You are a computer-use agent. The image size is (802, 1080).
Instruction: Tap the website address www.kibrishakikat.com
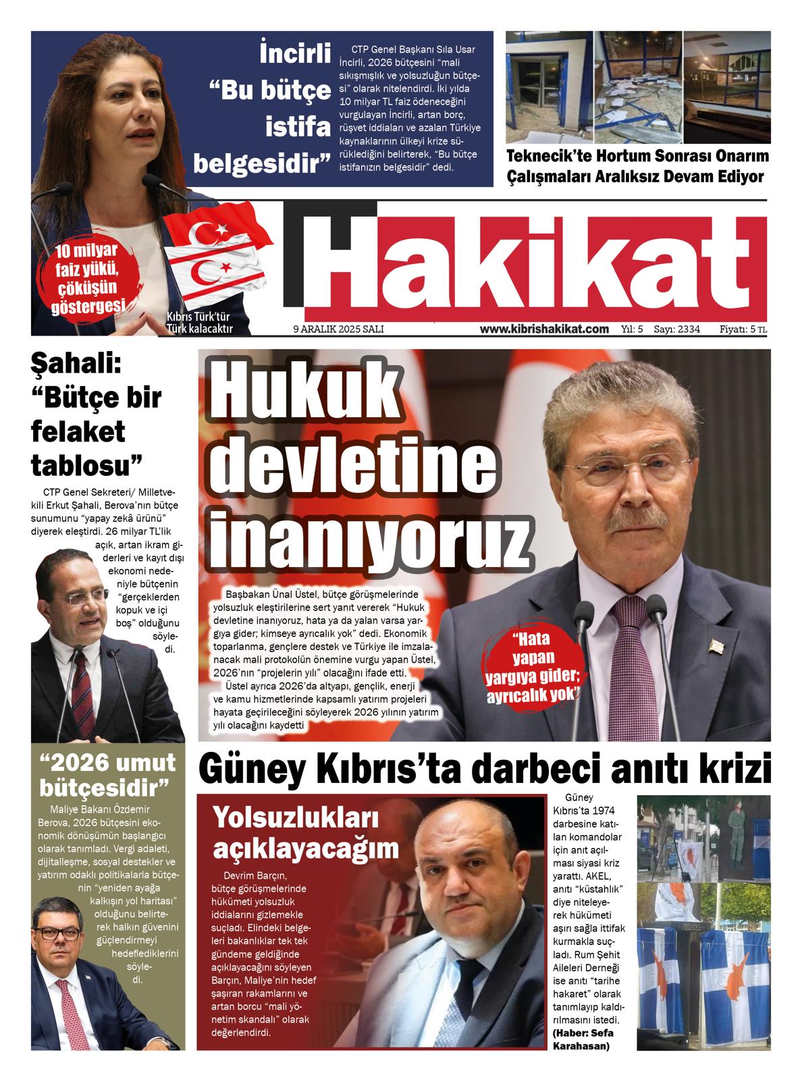click(x=544, y=329)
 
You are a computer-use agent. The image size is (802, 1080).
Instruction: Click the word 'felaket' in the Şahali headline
click(x=78, y=431)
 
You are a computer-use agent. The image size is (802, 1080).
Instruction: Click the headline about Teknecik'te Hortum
click(x=637, y=166)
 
